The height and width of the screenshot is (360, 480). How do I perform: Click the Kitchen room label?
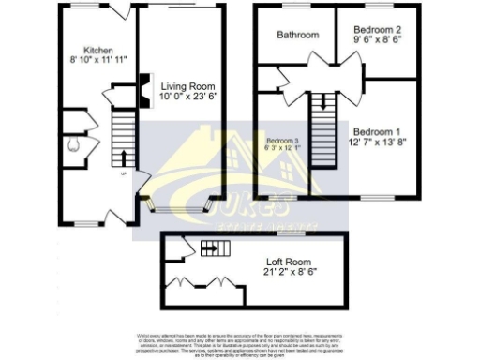tap(98, 50)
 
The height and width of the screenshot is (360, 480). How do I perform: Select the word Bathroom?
tap(297, 36)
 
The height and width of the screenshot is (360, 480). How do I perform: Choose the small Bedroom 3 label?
tap(282, 141)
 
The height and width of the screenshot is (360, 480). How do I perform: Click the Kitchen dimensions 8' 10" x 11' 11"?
tap(98, 61)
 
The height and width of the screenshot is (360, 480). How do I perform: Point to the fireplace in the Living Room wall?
tap(143, 87)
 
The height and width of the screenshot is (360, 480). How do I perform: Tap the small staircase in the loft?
tap(215, 248)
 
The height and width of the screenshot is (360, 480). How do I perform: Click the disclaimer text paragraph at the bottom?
tap(239, 344)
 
